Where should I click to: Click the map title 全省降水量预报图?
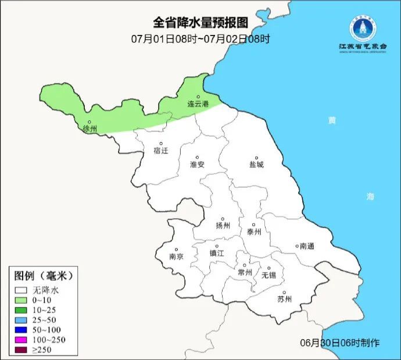point(201,23)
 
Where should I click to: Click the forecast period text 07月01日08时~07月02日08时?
point(201,40)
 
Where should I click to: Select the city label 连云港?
point(197,104)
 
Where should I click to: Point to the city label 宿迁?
point(161,151)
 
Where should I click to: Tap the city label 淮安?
point(197,165)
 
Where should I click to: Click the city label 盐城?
point(256,165)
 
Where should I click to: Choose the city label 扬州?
point(223,226)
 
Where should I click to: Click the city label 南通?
point(306,247)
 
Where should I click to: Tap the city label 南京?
point(176,256)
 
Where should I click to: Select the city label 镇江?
point(216,254)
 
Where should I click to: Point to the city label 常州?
point(245,272)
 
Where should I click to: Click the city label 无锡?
point(268,274)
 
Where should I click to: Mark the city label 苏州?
point(284,300)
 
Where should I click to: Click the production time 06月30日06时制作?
point(340,343)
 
